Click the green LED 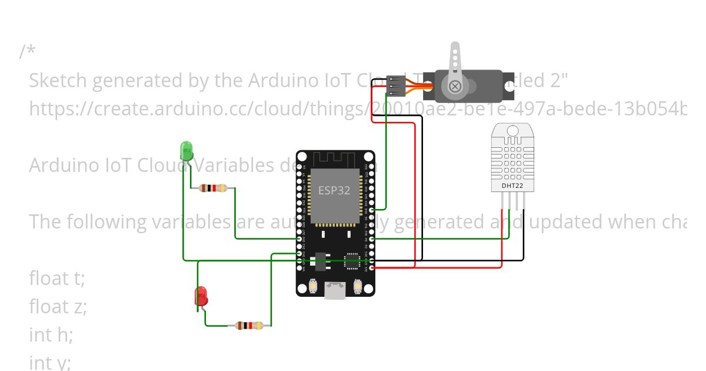(187, 150)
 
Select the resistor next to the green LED (213, 188)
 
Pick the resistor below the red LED (249, 325)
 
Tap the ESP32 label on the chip (334, 190)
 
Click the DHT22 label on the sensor (512, 186)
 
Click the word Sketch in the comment (57, 80)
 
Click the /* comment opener (27, 52)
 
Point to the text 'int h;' (51, 334)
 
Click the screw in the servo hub (455, 87)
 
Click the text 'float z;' (58, 306)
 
